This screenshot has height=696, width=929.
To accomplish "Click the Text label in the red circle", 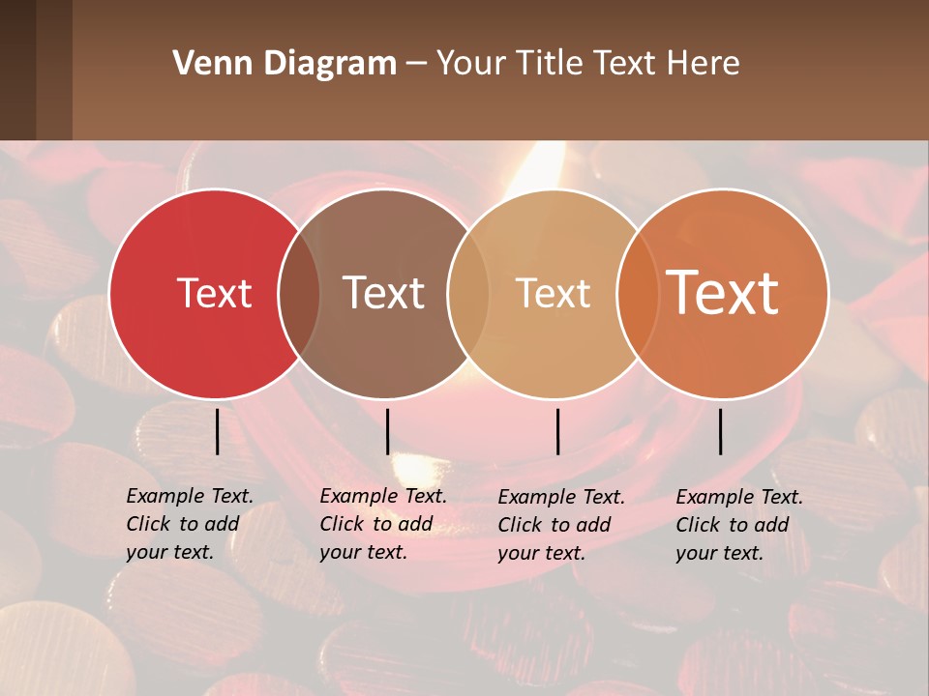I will pos(214,293).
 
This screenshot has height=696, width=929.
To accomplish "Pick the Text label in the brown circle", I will pos(383,293).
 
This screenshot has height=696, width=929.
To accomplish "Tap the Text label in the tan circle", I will pos(553,293).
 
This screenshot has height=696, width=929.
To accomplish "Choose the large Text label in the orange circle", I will pos(722,293).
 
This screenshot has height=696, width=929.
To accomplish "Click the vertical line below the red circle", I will pos(217,431).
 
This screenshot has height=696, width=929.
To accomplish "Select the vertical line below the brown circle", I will pos(387,431).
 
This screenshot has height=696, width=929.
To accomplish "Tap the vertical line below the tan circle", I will pos(557,431).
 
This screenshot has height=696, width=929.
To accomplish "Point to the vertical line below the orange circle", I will pos(720,431).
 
